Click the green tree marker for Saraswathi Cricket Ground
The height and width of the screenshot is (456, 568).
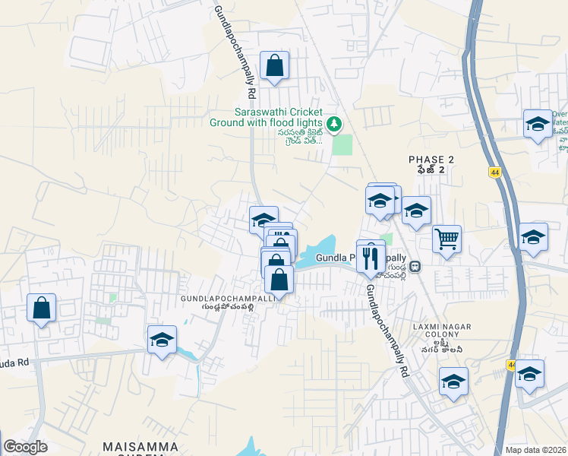(333, 123)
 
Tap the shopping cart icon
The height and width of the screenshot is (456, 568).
(447, 239)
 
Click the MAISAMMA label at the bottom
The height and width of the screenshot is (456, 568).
(142, 447)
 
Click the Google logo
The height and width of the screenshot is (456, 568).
(25, 447)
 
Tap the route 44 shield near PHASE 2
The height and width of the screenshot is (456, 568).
(494, 173)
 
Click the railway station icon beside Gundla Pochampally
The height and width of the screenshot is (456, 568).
(415, 266)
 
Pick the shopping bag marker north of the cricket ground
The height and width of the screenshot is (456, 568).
(274, 65)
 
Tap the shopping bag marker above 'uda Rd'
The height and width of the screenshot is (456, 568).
(42, 308)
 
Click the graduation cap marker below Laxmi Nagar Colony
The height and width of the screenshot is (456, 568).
(453, 381)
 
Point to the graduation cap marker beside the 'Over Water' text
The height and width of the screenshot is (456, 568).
(538, 124)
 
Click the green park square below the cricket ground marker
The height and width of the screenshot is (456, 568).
(342, 144)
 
